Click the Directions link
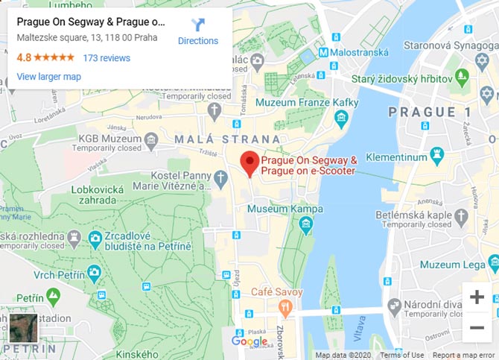tap(198, 40)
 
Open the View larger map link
tap(48, 76)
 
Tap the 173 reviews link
tap(107, 57)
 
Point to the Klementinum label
tap(395, 158)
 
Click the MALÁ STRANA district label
tap(228, 139)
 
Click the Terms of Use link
tap(401, 355)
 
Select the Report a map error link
tap(464, 355)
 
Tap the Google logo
tap(249, 341)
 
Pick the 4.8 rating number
tap(24, 57)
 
